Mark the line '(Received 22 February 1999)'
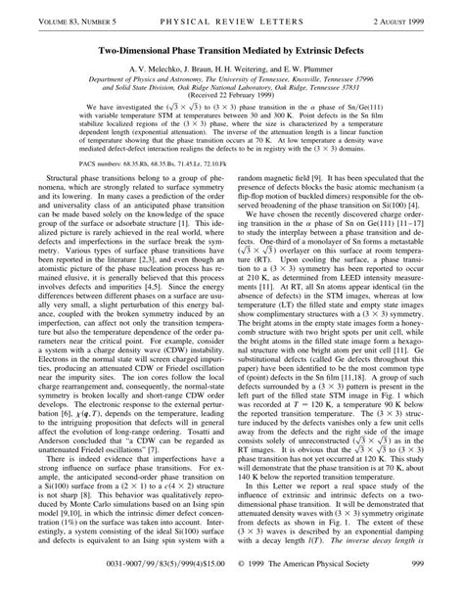(232, 99)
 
